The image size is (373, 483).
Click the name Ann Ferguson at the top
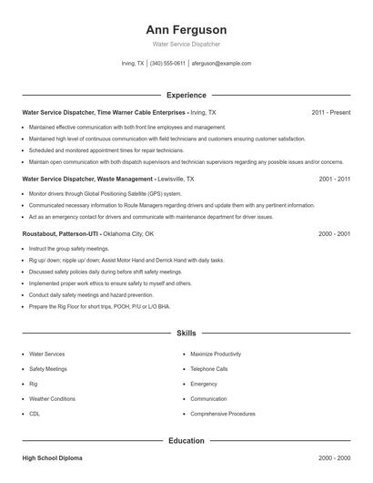[x=186, y=30]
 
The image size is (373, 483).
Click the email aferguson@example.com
[x=221, y=64]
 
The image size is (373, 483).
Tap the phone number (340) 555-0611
[x=167, y=64]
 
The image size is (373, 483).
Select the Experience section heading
[x=186, y=95]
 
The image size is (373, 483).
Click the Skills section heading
[x=186, y=334]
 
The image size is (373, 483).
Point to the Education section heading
[x=186, y=441]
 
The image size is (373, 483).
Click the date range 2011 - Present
[x=330, y=112]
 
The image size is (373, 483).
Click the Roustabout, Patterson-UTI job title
[x=87, y=233]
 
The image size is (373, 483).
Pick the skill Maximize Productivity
[x=216, y=353]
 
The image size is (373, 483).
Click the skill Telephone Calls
[x=209, y=369]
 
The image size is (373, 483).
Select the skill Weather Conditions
[x=53, y=399]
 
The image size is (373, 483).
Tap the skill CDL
[x=35, y=414]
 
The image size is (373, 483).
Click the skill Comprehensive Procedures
[x=223, y=414]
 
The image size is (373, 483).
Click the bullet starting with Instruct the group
[x=69, y=248]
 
